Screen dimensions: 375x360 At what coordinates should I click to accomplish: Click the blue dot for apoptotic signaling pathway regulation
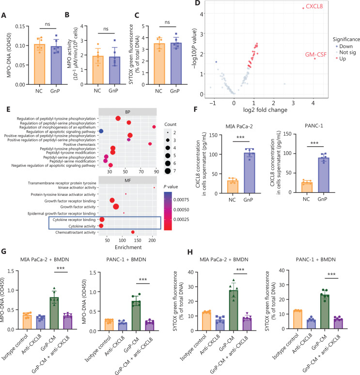pyautogui.click(x=101, y=131)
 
